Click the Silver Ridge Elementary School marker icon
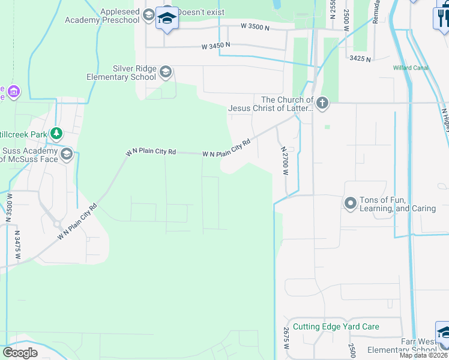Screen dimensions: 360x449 point(166,73)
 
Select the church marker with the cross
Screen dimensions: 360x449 point(322,103)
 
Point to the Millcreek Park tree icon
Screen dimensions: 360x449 point(56,133)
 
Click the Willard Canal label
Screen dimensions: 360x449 point(411,68)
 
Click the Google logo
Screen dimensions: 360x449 point(20,353)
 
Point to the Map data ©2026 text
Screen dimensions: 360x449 point(424,355)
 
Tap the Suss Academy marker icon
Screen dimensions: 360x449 point(66,155)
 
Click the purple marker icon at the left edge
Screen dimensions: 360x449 point(13,92)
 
